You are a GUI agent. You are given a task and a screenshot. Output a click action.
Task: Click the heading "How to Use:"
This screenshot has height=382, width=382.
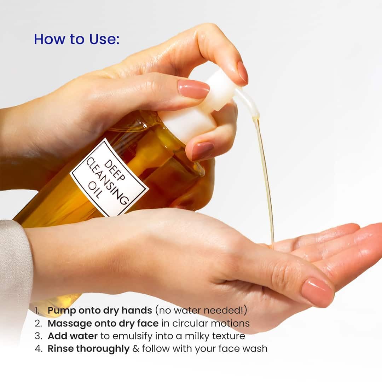click(x=76, y=39)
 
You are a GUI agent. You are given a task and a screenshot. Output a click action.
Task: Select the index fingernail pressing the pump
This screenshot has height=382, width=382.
click(x=243, y=72)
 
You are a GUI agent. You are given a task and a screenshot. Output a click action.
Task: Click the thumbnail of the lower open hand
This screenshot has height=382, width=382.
click(x=318, y=292)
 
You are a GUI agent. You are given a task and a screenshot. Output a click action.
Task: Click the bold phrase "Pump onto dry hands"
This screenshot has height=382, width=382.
click(x=100, y=311)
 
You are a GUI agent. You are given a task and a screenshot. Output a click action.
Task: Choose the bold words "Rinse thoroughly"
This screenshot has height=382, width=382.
click(x=88, y=348)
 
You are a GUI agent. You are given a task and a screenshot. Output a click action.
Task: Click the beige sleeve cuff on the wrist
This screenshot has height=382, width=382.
click(x=14, y=269)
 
